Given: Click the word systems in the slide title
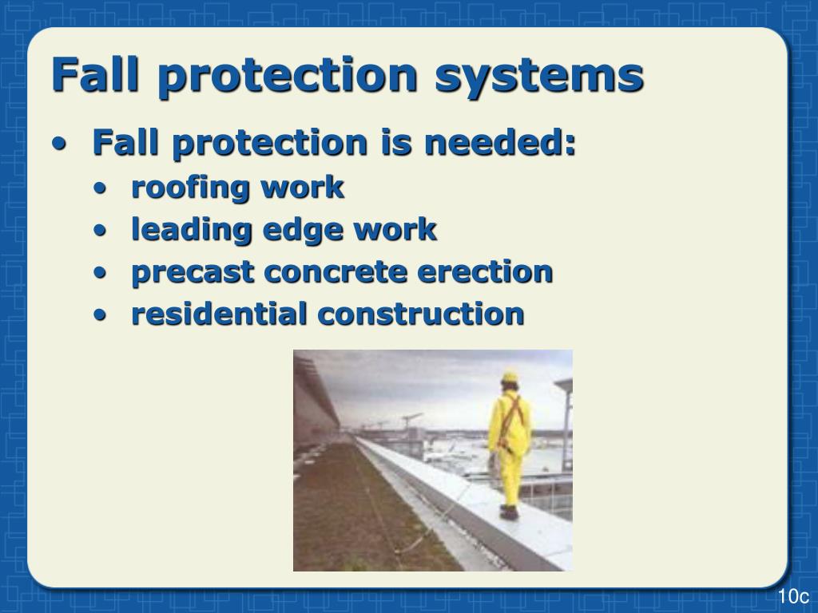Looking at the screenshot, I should coord(539,75).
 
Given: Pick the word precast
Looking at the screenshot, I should coord(193,272).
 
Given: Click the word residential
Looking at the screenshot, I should coord(219,314).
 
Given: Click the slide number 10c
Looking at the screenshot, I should coord(793,597).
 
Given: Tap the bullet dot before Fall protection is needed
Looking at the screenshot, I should coord(60,145).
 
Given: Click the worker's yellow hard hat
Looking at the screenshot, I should coord(509,377).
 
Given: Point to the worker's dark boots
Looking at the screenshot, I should coord(508,512).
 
